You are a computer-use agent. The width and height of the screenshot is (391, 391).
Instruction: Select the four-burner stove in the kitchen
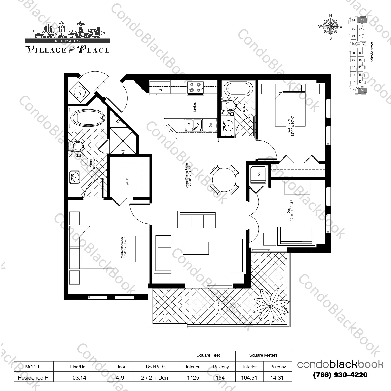(195, 87)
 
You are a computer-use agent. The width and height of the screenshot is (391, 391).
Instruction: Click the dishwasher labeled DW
(210, 125)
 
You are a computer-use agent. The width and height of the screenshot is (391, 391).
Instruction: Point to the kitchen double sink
(193, 125)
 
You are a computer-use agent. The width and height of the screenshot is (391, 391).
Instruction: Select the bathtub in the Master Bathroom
(88, 118)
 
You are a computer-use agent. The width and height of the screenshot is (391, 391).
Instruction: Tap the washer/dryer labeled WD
(258, 174)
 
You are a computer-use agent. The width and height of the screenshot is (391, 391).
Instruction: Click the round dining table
(224, 180)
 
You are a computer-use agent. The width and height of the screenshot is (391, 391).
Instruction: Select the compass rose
(330, 26)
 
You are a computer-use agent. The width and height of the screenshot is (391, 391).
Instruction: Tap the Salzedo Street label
(372, 52)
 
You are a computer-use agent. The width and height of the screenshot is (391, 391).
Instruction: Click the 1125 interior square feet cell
(193, 377)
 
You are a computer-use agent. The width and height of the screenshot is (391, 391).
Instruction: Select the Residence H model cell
(33, 377)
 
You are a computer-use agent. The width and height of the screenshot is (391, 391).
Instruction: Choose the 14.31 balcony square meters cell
(277, 377)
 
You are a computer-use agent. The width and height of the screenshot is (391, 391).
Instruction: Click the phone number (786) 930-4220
(340, 375)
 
